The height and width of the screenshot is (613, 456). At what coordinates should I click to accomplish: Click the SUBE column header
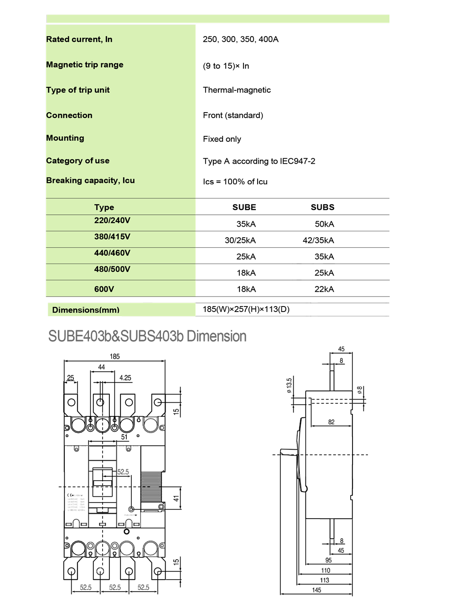pyautogui.click(x=244, y=207)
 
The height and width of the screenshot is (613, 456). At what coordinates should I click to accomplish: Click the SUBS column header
pyautogui.click(x=322, y=207)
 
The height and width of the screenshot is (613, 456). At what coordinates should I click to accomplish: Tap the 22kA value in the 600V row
pyautogui.click(x=324, y=289)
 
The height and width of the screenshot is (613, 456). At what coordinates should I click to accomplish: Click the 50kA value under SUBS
pyautogui.click(x=324, y=224)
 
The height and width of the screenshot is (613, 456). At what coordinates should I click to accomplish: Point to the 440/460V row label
pyautogui.click(x=112, y=253)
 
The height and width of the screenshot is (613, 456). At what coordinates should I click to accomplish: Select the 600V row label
pyautogui.click(x=104, y=289)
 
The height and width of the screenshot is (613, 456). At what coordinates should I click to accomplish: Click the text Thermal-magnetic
pyautogui.click(x=237, y=90)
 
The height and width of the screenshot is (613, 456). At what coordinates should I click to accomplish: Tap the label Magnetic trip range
pyautogui.click(x=85, y=65)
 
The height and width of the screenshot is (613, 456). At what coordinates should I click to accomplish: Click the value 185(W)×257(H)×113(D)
pyautogui.click(x=246, y=309)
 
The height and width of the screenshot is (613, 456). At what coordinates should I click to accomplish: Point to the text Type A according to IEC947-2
pyautogui.click(x=259, y=161)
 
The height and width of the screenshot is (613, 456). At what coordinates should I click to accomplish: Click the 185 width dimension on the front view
pyautogui.click(x=114, y=357)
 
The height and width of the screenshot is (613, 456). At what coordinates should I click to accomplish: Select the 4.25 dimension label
pyautogui.click(x=125, y=378)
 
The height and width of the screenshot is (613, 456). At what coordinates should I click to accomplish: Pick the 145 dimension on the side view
pyautogui.click(x=316, y=590)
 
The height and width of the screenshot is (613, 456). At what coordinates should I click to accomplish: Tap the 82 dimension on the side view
pyautogui.click(x=331, y=422)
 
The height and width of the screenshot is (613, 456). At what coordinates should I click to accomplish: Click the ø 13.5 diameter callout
pyautogui.click(x=289, y=385)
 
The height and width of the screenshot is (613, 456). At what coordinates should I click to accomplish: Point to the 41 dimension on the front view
pyautogui.click(x=176, y=499)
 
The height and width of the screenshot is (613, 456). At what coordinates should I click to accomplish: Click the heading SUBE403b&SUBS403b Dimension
pyautogui.click(x=147, y=336)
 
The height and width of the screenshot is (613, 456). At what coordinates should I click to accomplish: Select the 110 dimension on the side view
pyautogui.click(x=326, y=571)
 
